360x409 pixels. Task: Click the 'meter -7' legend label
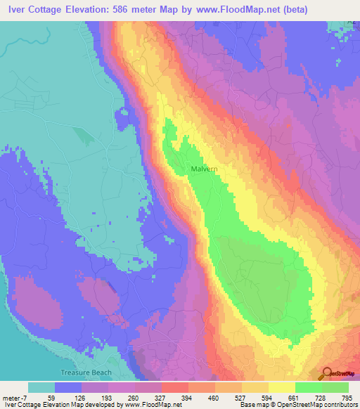pyautogui.click(x=15, y=397)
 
